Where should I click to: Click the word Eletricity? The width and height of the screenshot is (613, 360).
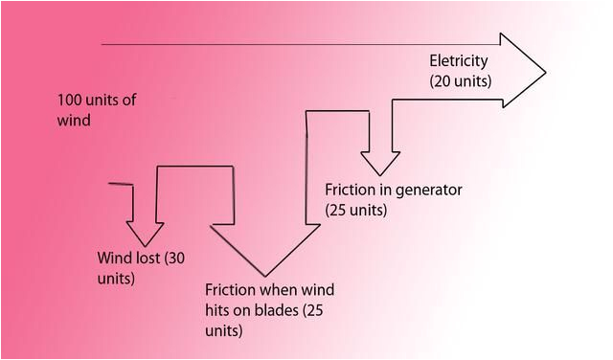pyautogui.click(x=459, y=61)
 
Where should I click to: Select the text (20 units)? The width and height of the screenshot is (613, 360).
pyautogui.click(x=461, y=81)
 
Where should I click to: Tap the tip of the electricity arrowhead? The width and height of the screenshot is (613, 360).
pyautogui.click(x=544, y=72)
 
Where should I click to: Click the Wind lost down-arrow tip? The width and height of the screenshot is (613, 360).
pyautogui.click(x=147, y=245)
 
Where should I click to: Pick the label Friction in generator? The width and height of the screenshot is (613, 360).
pyautogui.click(x=393, y=190)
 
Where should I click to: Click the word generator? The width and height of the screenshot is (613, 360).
pyautogui.click(x=429, y=190)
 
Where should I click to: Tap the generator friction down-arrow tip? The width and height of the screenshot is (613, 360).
pyautogui.click(x=380, y=175)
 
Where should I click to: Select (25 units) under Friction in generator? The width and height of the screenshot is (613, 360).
pyautogui.click(x=356, y=209)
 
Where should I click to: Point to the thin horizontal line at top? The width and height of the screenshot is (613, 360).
pyautogui.click(x=287, y=44)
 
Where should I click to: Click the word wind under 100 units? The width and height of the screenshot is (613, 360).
pyautogui.click(x=74, y=121)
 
